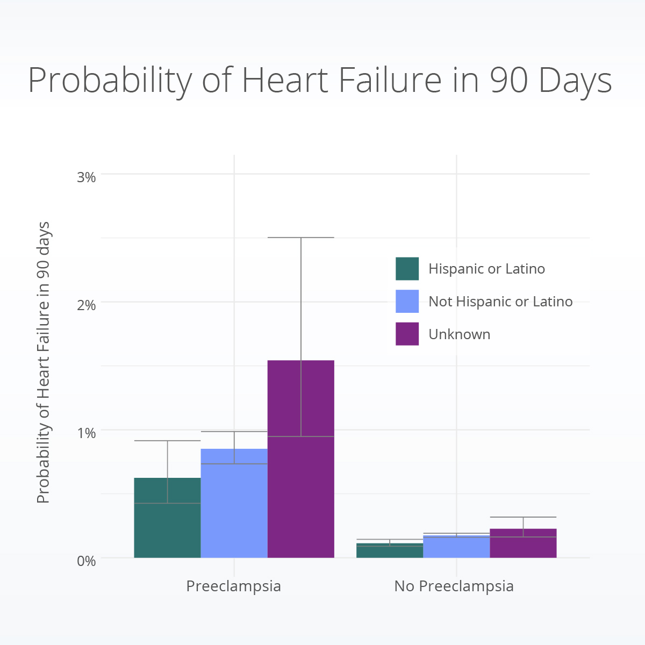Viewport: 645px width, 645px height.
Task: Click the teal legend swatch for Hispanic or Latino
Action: [407, 269]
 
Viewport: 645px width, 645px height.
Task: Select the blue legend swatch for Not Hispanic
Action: [407, 302]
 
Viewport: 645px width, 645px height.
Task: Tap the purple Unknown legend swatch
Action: [407, 334]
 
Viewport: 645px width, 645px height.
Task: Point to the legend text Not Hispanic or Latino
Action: [500, 302]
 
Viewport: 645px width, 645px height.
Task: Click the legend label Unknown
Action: [460, 334]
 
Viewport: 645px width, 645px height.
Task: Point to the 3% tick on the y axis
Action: [86, 177]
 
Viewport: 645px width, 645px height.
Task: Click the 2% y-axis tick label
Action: [86, 305]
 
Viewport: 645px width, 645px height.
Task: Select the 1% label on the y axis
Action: [86, 433]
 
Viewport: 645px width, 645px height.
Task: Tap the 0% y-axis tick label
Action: [86, 561]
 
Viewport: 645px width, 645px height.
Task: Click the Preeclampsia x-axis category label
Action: [234, 586]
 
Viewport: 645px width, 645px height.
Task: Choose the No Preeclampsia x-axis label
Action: [454, 586]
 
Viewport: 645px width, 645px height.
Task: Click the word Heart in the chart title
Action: [285, 81]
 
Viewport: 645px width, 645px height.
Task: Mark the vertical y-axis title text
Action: [44, 363]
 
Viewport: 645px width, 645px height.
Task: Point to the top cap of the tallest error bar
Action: [301, 238]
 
